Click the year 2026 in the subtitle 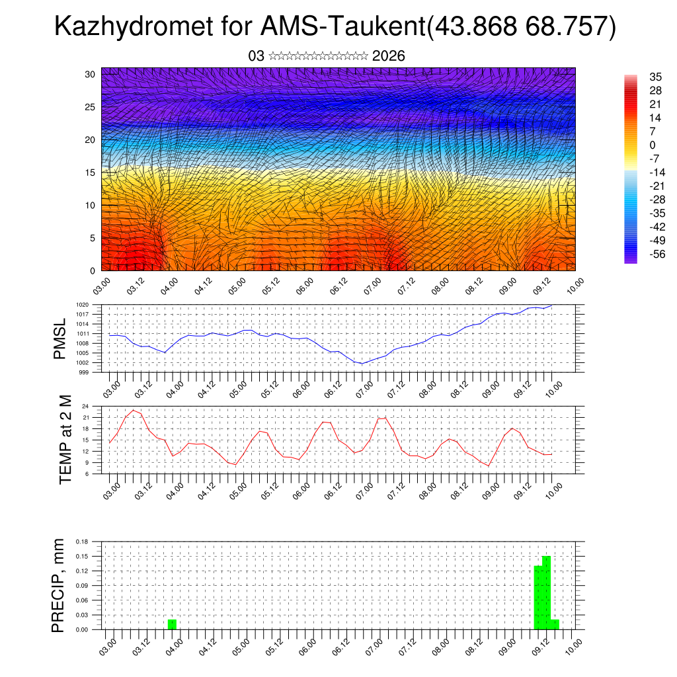pyautogui.click(x=388, y=56)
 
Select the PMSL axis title pyautogui.click(x=60, y=338)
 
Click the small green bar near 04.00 pyautogui.click(x=172, y=625)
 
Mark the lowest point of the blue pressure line pyautogui.click(x=362, y=364)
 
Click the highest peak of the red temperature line pyautogui.click(x=134, y=411)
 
